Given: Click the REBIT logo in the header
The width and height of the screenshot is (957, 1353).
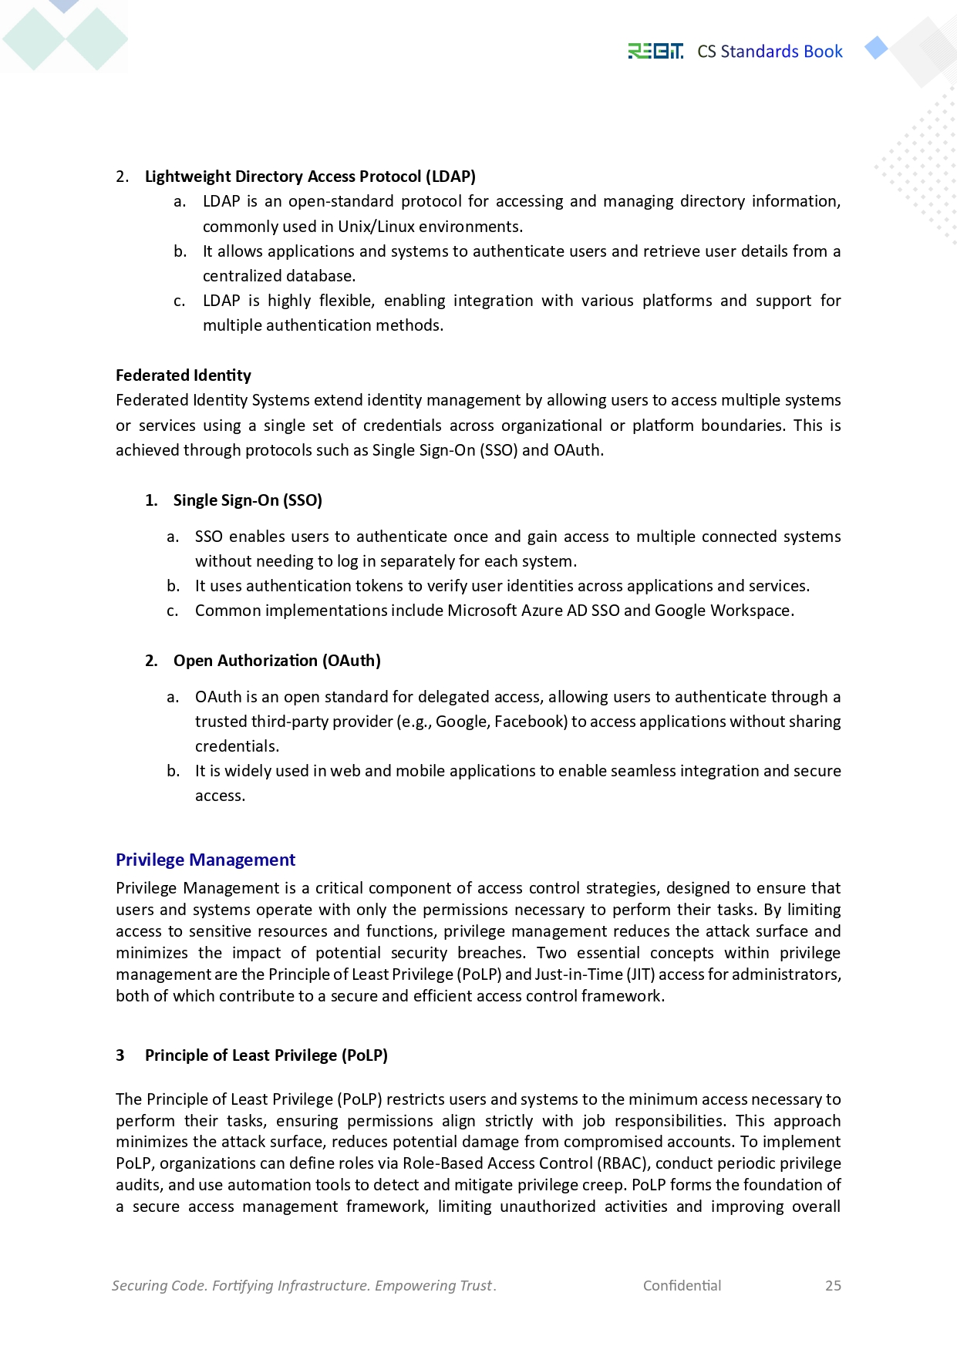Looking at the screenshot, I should pos(655,52).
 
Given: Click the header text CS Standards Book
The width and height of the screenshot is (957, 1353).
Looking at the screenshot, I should pos(770,52).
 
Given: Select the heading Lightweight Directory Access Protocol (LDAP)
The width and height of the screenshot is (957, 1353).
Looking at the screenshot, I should pos(310,177).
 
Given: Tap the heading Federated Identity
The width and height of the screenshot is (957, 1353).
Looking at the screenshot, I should pos(184,375).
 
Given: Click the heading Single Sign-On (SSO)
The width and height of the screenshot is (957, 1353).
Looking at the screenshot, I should pos(248,500).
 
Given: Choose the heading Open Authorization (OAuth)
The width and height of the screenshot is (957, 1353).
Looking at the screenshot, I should pos(277,661).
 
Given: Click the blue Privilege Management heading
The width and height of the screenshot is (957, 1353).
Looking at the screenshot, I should pos(205,860).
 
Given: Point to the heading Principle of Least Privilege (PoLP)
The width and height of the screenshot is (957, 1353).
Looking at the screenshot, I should pos(266,1055).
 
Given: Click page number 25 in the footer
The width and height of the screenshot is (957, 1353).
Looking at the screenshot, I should pos(833,1285).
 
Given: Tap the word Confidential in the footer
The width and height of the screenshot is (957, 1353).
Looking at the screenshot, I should pos(682,1285).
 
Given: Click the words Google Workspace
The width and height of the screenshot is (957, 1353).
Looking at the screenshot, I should pos(723,611).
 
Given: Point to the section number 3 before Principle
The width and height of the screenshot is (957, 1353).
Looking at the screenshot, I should pos(120,1055).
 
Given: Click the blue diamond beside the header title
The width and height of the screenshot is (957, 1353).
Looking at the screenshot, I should pos(876,48).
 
